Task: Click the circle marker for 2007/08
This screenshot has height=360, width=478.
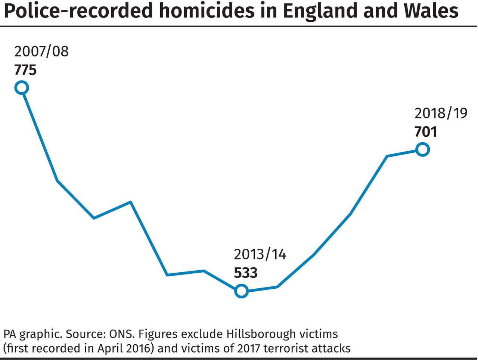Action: click(x=22, y=88)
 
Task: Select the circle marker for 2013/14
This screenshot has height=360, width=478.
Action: click(x=242, y=291)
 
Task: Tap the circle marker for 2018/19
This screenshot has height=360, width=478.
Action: click(x=422, y=150)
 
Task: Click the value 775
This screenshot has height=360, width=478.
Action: click(x=25, y=70)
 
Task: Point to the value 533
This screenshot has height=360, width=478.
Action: click(x=246, y=273)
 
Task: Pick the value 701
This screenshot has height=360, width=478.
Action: click(x=426, y=132)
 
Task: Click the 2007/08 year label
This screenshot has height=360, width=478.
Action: click(x=41, y=52)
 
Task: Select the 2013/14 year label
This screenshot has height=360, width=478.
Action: click(x=260, y=254)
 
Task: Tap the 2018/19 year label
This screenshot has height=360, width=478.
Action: click(x=441, y=113)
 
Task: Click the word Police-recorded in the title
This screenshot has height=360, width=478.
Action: click(x=78, y=11)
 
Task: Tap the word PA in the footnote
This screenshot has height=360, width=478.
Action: click(x=10, y=333)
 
